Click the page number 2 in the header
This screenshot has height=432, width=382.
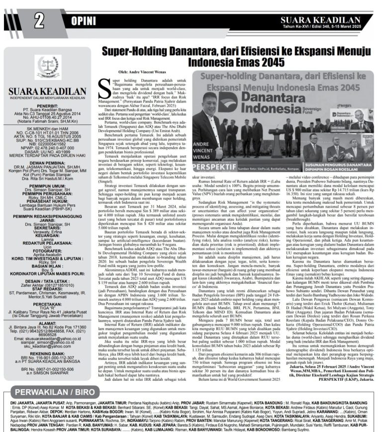38,21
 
